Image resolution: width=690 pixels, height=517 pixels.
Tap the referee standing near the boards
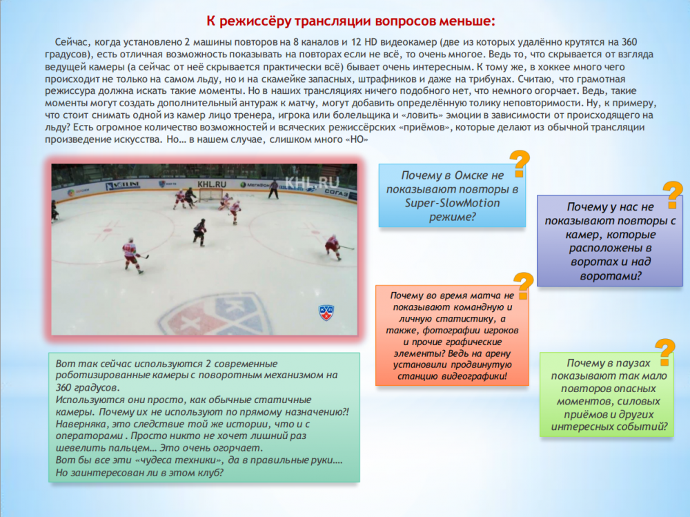(274, 188)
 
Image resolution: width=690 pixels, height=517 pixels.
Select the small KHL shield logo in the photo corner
(326, 312)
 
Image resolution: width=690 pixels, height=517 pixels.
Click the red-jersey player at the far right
(333, 246)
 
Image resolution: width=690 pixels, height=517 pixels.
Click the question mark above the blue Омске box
(520, 164)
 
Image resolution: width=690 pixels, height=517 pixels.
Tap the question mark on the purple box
(671, 195)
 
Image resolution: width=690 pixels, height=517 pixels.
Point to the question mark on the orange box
(524, 285)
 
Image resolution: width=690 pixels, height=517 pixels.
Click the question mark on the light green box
(664, 352)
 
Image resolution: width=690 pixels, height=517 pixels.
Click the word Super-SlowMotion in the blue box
(453, 202)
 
